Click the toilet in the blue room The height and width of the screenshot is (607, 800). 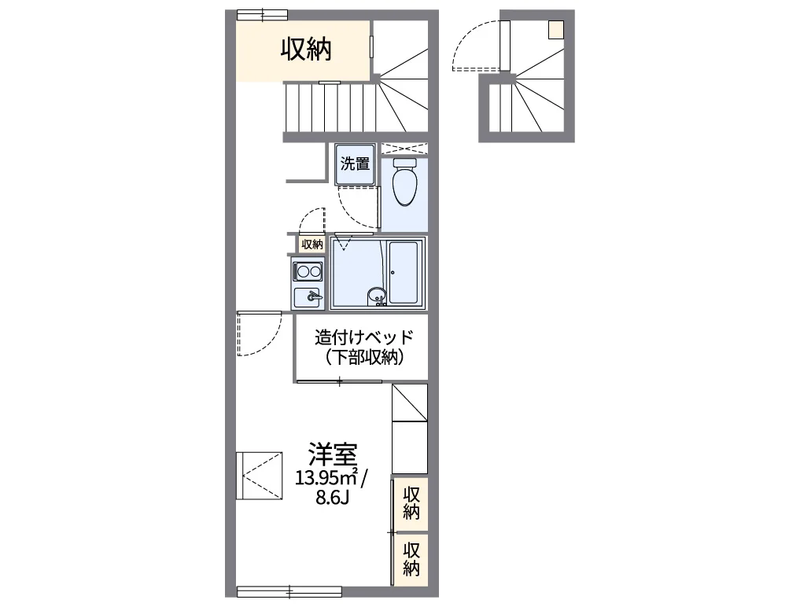405,182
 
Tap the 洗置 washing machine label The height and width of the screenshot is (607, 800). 355,164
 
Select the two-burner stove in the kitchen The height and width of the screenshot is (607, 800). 308,270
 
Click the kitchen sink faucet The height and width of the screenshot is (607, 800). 313,296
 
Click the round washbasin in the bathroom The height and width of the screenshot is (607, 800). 377,296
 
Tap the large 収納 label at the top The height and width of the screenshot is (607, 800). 306,50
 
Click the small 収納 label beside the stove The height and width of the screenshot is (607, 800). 312,245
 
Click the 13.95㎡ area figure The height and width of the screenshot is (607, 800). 326,478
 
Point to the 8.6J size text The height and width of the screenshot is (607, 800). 332,498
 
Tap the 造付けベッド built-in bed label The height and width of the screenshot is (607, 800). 363,337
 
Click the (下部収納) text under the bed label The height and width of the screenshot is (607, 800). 363,357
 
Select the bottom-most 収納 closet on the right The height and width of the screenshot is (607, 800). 411,560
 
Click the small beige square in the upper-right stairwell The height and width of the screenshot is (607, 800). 556,30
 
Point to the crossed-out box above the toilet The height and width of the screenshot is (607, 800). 404,149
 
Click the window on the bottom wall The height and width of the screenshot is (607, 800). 289,592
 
